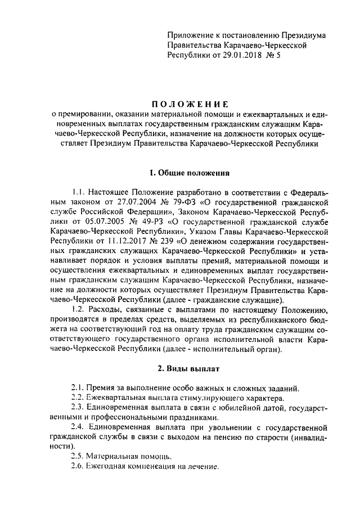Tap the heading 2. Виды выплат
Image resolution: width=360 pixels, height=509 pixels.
pos(183,369)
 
